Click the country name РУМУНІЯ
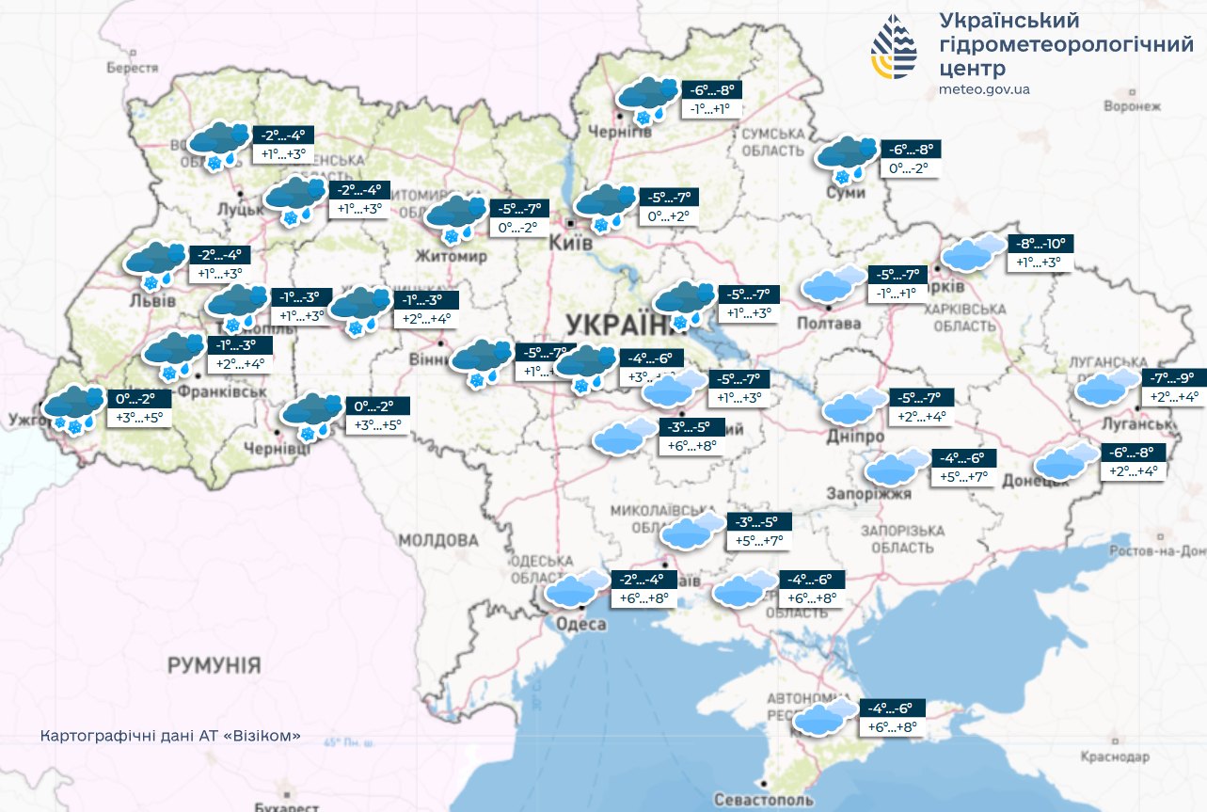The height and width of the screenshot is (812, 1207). [x=214, y=666]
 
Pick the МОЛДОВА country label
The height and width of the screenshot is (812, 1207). [x=437, y=540]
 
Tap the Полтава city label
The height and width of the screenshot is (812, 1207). [x=830, y=323]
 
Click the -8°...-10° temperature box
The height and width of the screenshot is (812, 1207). [x=1041, y=244]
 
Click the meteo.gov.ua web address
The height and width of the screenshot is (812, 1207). [x=984, y=89]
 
